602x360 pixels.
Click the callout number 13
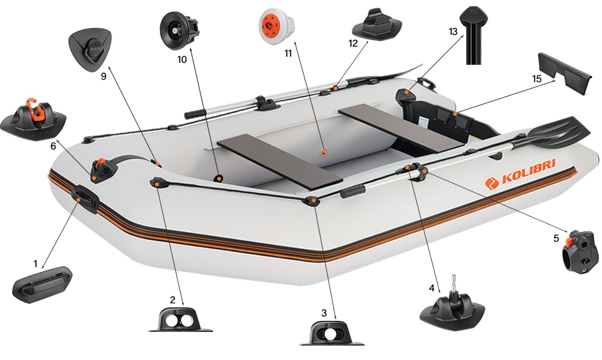pyautogui.click(x=453, y=31)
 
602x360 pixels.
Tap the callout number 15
pyautogui.click(x=537, y=78)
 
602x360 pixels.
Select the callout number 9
pyautogui.click(x=103, y=76)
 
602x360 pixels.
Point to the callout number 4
pyautogui.click(x=431, y=288)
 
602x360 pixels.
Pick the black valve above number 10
pyautogui.click(x=179, y=31)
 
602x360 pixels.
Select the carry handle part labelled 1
pyautogui.click(x=42, y=284)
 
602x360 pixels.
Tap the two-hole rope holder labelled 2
pyautogui.click(x=180, y=320)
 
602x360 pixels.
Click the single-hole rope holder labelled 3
pyautogui.click(x=331, y=333)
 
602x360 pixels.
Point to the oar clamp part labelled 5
pyautogui.click(x=580, y=252)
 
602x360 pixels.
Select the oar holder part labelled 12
pyautogui.click(x=377, y=25)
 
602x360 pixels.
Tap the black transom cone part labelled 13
pyautogui.click(x=473, y=36)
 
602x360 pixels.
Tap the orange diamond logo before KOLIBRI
pyautogui.click(x=491, y=183)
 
